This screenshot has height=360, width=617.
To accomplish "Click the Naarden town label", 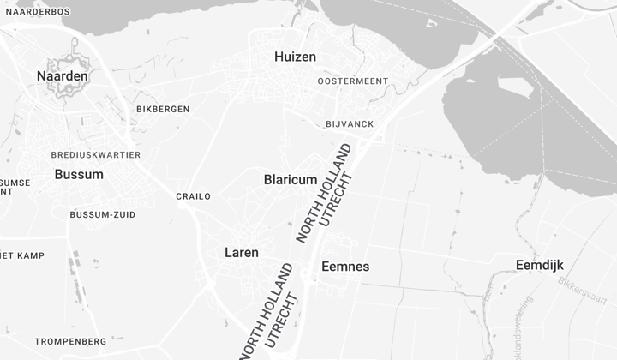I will pos(63,76).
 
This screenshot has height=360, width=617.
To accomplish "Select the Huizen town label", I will pos(295,57).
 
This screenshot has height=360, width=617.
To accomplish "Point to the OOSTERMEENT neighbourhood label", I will pos(352,81).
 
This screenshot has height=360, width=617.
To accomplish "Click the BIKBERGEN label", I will pos(163,110).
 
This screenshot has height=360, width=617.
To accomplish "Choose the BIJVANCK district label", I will pos(350,124).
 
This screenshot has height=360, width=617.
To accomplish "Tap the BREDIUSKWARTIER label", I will pos(95,155).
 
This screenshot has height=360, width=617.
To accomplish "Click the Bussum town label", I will pos(79,174).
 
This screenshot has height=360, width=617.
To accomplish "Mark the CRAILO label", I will pos(193,196).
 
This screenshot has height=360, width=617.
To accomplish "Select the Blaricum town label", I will pos(291,180).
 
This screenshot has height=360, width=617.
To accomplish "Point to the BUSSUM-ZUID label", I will pos(102,214).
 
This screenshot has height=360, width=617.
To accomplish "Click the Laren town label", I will pos(242,253).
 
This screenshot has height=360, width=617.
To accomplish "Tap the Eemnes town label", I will pos(345,267).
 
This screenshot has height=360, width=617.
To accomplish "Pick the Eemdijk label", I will pos(540,265).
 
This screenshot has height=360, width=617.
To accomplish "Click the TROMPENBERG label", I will pos(70,341).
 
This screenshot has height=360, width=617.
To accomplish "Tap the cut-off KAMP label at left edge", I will pos(22,255).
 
